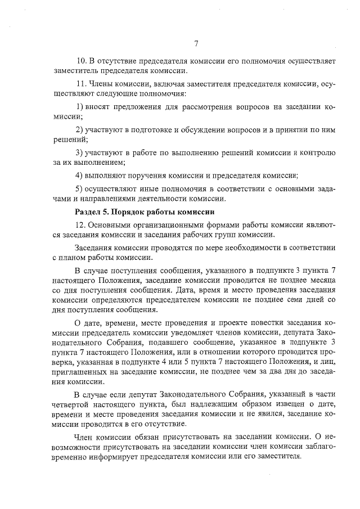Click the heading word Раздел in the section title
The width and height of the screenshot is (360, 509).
88,212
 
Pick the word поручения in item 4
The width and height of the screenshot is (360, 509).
152,175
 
